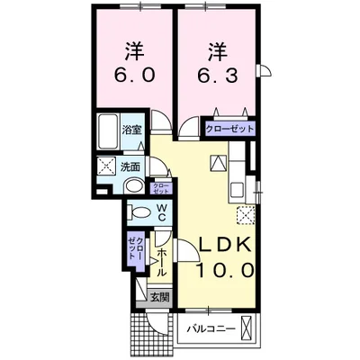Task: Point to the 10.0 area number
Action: point(220,269)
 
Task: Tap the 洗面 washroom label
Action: point(131,166)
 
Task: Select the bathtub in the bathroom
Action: point(109,131)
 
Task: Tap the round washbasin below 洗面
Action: point(133,187)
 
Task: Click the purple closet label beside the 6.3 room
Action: point(230,129)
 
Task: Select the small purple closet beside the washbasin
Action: point(161,187)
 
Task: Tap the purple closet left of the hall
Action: point(132,247)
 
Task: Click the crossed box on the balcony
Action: point(251,328)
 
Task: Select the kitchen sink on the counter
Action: point(238,188)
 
